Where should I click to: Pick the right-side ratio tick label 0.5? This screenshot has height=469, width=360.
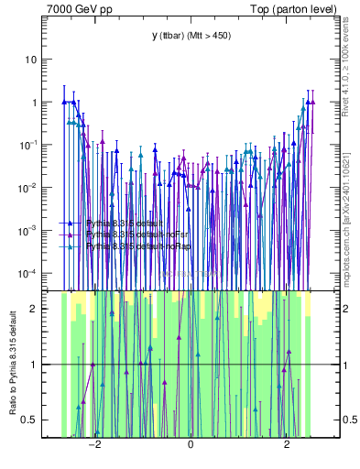(x=348, y=420)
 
